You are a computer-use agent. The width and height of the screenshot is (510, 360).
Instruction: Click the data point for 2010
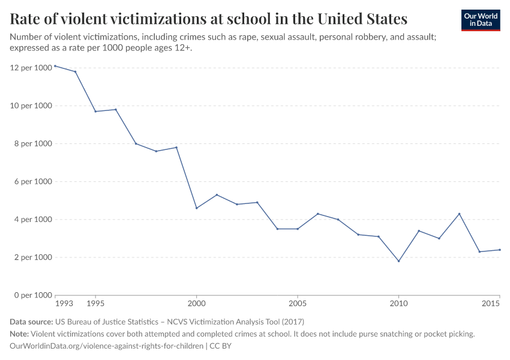(398, 261)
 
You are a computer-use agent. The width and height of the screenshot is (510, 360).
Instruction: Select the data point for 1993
(55, 66)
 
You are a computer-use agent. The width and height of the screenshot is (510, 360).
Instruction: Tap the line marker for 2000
(196, 208)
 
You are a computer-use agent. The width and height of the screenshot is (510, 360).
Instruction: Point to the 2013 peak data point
(459, 214)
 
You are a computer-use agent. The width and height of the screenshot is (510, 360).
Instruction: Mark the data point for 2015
(499, 250)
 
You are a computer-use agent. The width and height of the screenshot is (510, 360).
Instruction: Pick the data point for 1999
(176, 148)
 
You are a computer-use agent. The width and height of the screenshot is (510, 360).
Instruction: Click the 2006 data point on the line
(317, 214)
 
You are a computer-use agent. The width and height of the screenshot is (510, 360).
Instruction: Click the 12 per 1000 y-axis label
(31, 68)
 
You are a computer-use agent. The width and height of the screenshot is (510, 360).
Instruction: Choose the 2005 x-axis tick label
(297, 304)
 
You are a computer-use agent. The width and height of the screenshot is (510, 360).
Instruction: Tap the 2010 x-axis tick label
(398, 304)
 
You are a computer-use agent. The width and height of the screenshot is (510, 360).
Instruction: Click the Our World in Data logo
(480, 20)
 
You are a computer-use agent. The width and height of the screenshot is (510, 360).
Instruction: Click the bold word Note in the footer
(19, 334)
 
